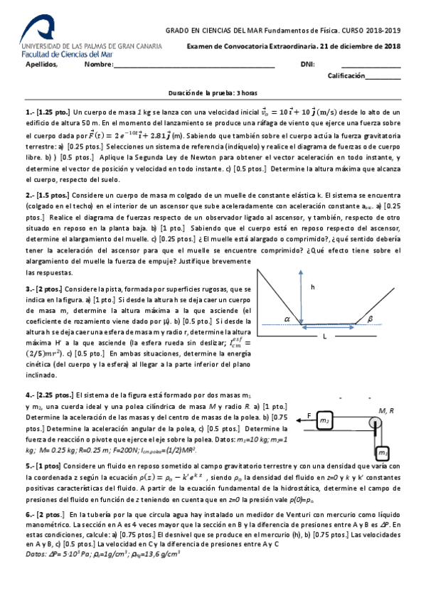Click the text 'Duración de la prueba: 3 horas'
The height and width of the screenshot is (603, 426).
213,93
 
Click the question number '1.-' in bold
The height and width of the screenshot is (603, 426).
30,112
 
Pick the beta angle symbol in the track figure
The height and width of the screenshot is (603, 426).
371,319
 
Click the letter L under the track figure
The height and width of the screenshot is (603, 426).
324,336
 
